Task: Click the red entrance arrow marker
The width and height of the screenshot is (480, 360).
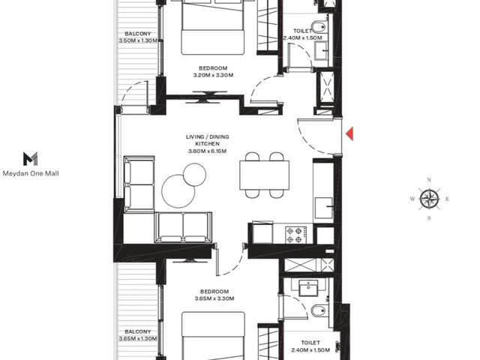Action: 349,133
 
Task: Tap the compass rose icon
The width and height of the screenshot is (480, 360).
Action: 430,199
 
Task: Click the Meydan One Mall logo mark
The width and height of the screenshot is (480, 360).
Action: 31,158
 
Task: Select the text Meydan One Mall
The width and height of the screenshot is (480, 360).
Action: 31,173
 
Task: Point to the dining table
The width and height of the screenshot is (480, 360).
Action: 265,175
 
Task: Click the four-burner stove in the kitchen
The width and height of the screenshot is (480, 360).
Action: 295,235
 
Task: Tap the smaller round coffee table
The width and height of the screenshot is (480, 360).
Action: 195,175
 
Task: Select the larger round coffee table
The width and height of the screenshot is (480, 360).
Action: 178,191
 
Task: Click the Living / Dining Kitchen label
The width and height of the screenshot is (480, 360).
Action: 207,140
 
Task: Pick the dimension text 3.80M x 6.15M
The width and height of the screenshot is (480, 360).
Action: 207,151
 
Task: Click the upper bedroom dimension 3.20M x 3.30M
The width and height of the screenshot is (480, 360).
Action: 213,75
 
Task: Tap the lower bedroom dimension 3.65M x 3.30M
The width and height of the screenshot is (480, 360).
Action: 214,298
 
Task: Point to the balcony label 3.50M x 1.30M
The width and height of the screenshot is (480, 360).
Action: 138,40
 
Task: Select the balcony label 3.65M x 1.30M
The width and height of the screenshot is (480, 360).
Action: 138,338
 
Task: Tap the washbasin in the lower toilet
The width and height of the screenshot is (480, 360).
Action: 308,288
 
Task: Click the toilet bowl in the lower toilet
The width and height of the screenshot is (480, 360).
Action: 318,311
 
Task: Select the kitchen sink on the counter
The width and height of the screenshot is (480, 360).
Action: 324,208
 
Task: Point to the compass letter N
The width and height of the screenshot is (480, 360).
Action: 429,180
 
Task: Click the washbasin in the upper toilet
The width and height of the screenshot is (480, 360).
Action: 321,50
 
